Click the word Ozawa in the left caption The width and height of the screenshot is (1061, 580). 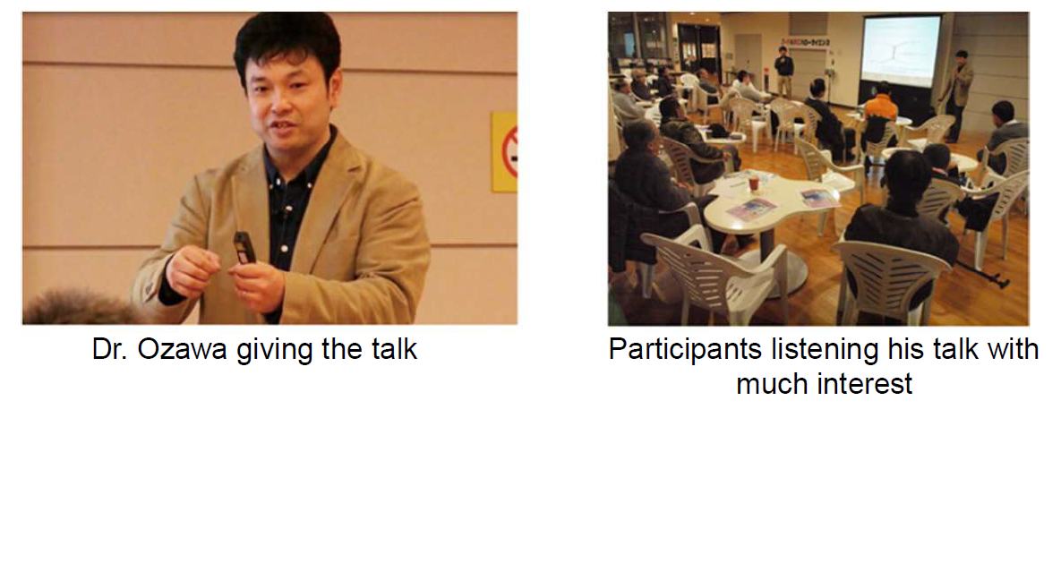182,349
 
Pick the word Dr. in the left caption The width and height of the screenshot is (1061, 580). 109,349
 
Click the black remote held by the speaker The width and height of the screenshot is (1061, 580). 244,248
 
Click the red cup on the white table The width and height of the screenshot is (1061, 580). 753,183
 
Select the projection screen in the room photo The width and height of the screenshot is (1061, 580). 901,51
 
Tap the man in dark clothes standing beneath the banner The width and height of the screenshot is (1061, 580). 783,71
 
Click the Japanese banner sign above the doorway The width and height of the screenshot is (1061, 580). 805,43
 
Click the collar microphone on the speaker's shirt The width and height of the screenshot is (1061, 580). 284,212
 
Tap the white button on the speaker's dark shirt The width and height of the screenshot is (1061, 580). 284,248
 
